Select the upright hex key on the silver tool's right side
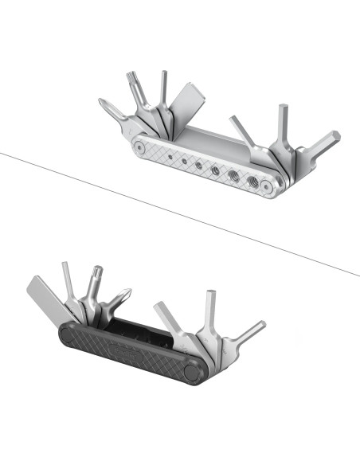pyautogui.click(x=283, y=123)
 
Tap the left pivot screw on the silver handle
pyautogui.click(x=141, y=147)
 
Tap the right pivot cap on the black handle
pyautogui.click(x=192, y=371)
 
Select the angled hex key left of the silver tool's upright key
pyautogui.click(x=242, y=130)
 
